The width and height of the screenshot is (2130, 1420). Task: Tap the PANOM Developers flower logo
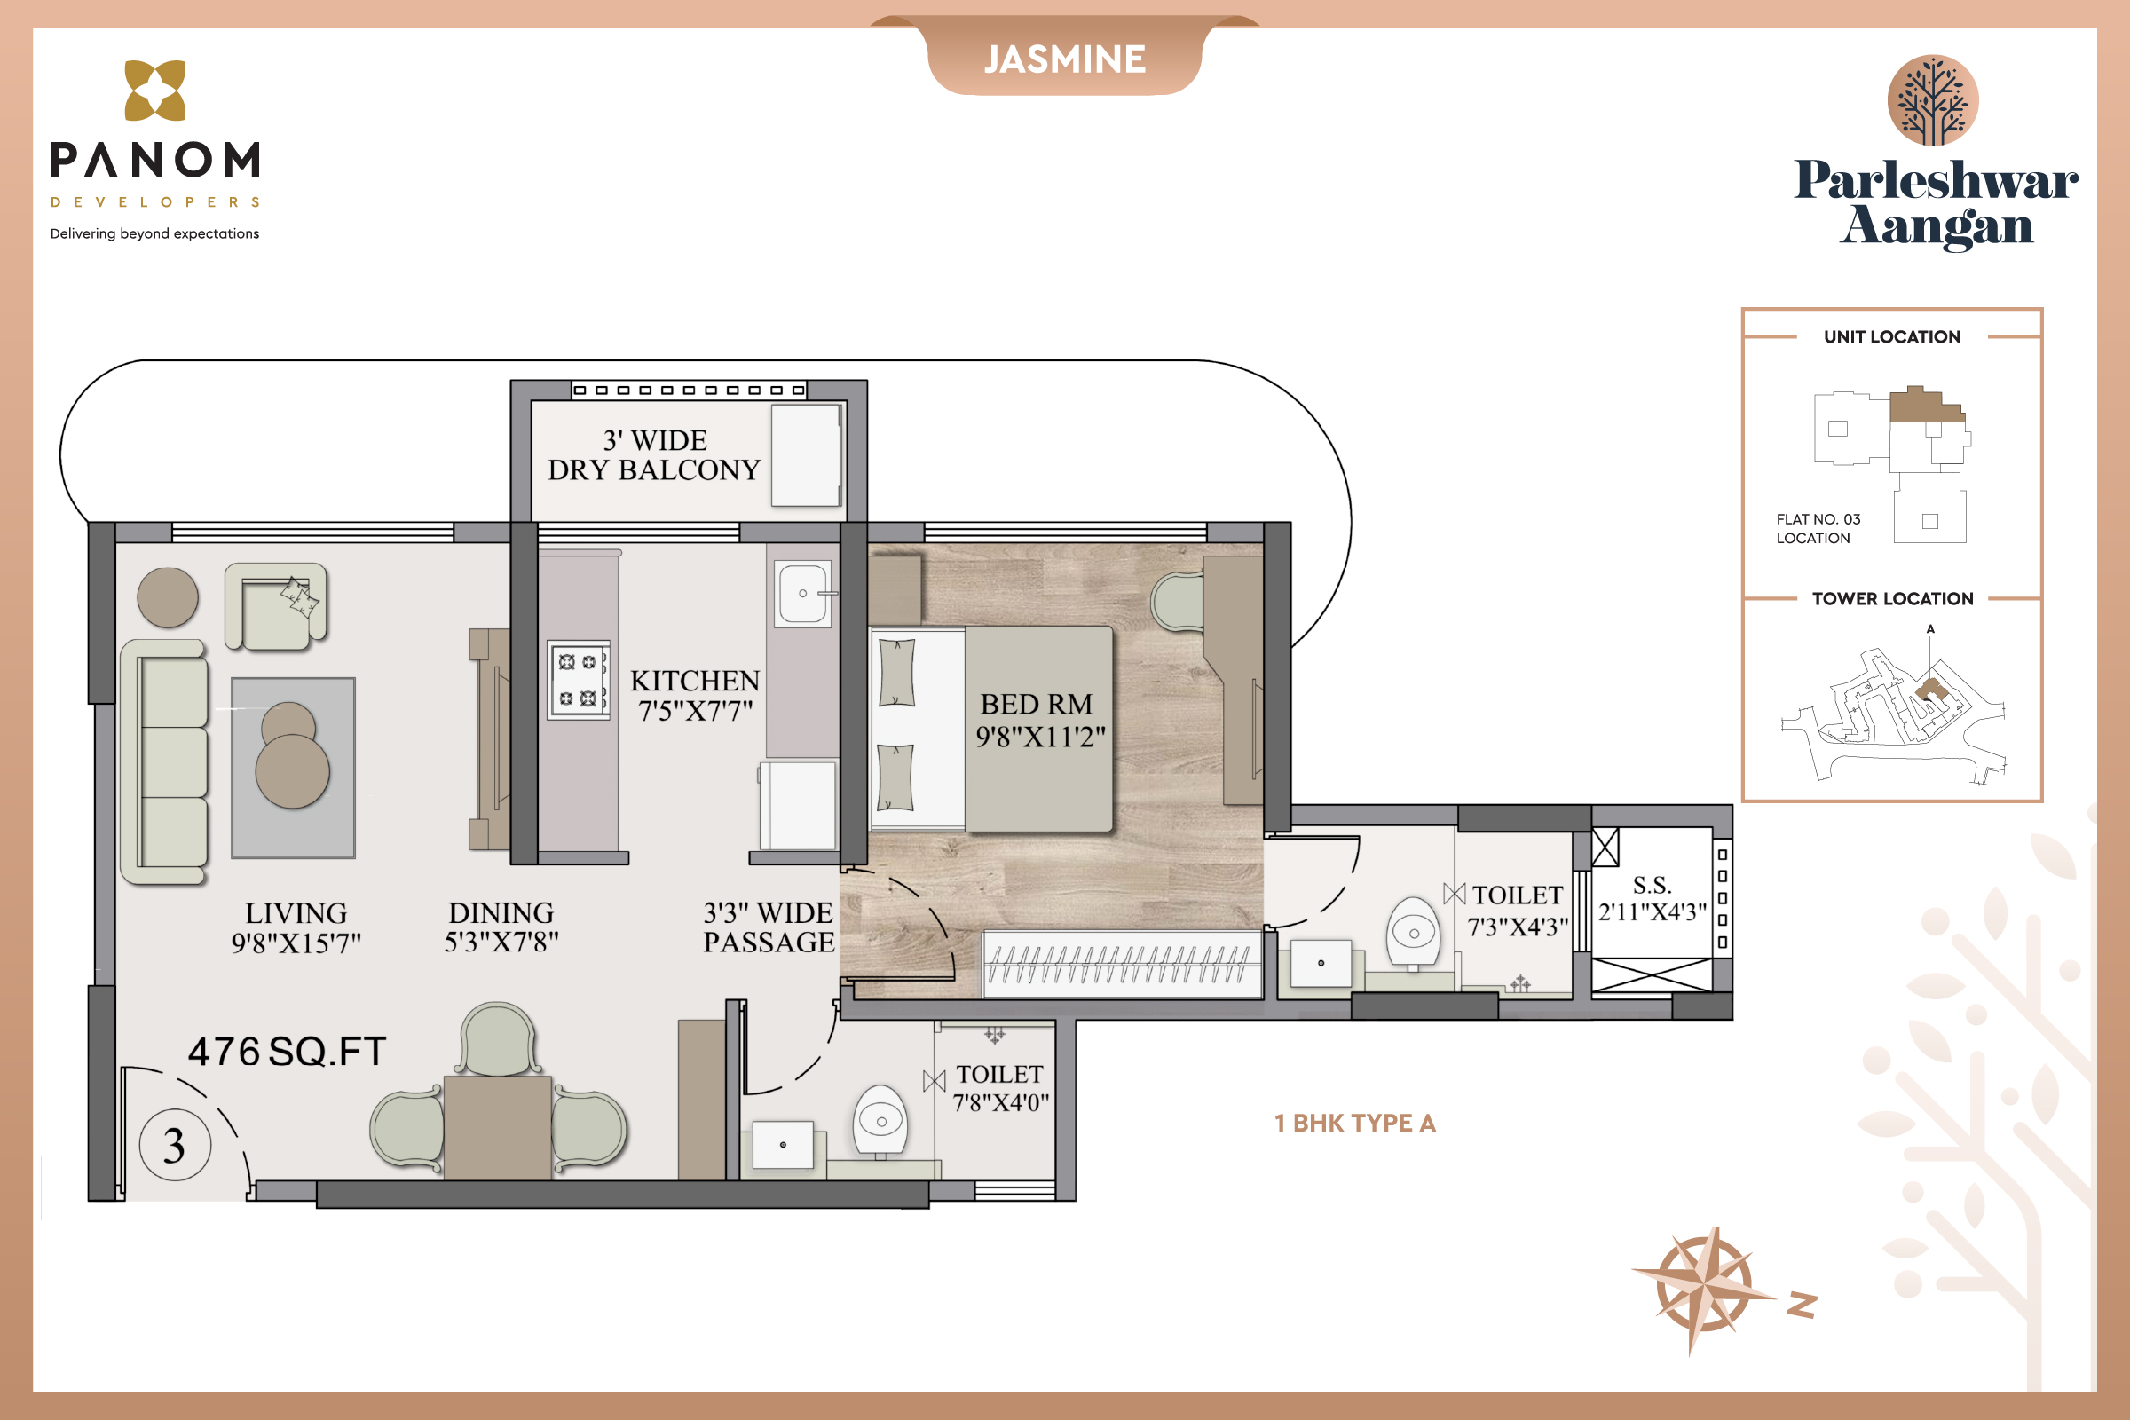[x=154, y=91]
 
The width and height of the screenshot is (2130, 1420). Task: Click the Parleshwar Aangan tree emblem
[x=1933, y=100]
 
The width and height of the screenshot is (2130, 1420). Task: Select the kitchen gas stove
[x=578, y=680]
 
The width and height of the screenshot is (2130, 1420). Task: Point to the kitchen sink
[x=803, y=594]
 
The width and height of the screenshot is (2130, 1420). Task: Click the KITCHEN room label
[x=695, y=680]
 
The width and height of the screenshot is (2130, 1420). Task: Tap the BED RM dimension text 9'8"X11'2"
[x=1040, y=737]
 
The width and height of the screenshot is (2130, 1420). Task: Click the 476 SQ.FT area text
[x=287, y=1052]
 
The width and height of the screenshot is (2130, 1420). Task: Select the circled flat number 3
[x=175, y=1145]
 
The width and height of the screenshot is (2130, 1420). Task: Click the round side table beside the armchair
[x=168, y=597]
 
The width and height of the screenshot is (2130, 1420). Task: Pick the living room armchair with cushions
[x=276, y=607]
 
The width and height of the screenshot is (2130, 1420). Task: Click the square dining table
[x=497, y=1127]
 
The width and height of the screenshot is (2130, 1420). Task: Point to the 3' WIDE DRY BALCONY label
[x=654, y=454]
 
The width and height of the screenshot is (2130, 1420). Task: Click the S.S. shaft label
[x=1653, y=885]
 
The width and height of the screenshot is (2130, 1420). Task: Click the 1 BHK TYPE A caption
[x=1355, y=1123]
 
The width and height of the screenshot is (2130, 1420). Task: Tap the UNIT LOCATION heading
[x=1892, y=337]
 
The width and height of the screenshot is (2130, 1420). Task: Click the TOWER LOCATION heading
[x=1893, y=598]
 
